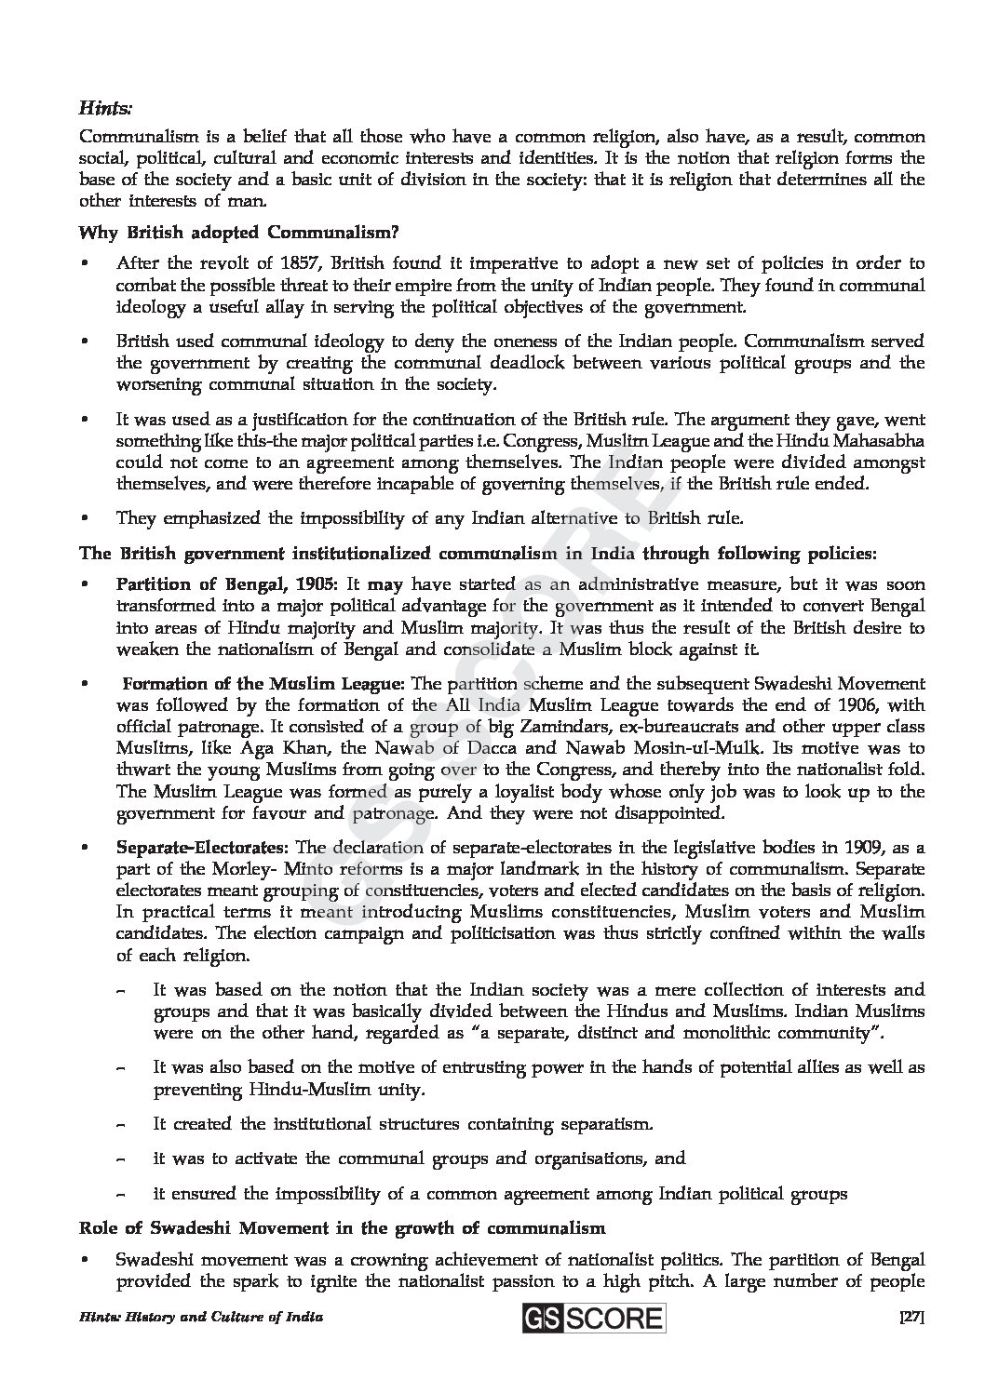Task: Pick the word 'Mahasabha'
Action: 881,441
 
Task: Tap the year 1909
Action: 864,848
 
